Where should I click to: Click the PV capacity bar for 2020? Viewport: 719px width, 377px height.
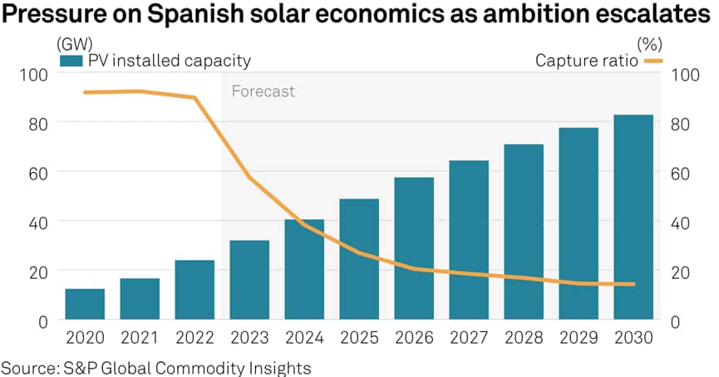(x=85, y=304)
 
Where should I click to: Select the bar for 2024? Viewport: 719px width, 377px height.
(x=304, y=269)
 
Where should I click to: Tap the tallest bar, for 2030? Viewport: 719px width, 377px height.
(x=633, y=217)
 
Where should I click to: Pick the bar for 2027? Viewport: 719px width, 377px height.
(x=469, y=240)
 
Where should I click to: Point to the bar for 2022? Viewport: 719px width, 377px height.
(x=195, y=290)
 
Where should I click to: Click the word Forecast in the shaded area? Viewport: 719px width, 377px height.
(x=263, y=91)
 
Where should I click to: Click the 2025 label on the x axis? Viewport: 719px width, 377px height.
(x=359, y=339)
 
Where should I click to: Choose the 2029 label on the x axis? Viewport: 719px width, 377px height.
(x=579, y=339)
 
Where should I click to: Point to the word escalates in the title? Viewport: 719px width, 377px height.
(x=639, y=15)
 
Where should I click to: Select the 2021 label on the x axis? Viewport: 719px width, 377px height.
(x=140, y=339)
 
